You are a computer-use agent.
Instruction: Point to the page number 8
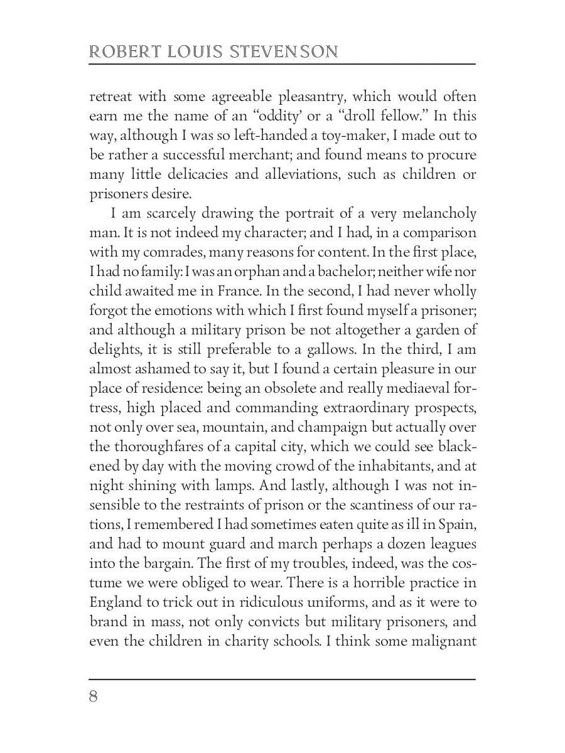(x=94, y=697)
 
